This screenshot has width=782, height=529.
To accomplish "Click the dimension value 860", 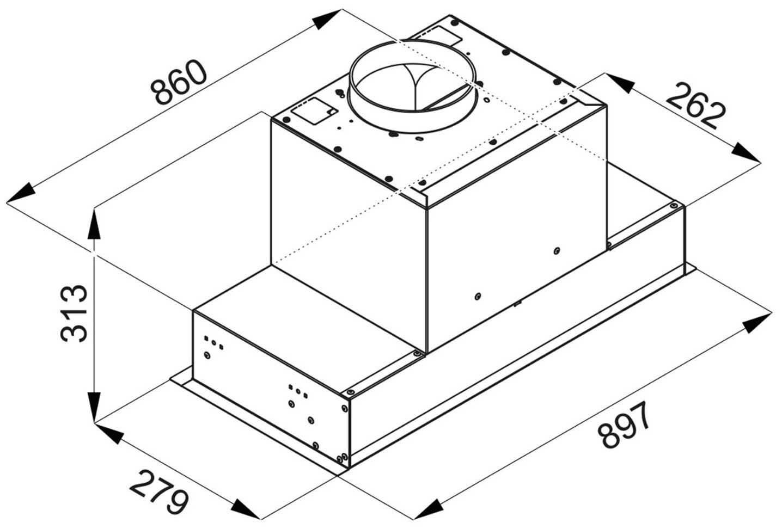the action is [179, 83].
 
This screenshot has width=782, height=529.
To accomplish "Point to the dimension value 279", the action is [158, 492].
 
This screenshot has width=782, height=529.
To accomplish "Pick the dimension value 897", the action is [624, 425].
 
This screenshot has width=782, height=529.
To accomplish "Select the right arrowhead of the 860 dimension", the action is [326, 20].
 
